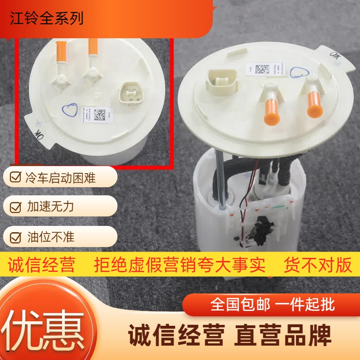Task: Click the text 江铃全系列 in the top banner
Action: click(47, 19)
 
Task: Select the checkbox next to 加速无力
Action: click(15, 207)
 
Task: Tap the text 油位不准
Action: click(49, 236)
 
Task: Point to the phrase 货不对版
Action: click(317, 265)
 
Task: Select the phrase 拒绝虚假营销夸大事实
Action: click(180, 265)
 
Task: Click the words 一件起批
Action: click(306, 305)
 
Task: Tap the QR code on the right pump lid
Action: click(262, 69)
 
